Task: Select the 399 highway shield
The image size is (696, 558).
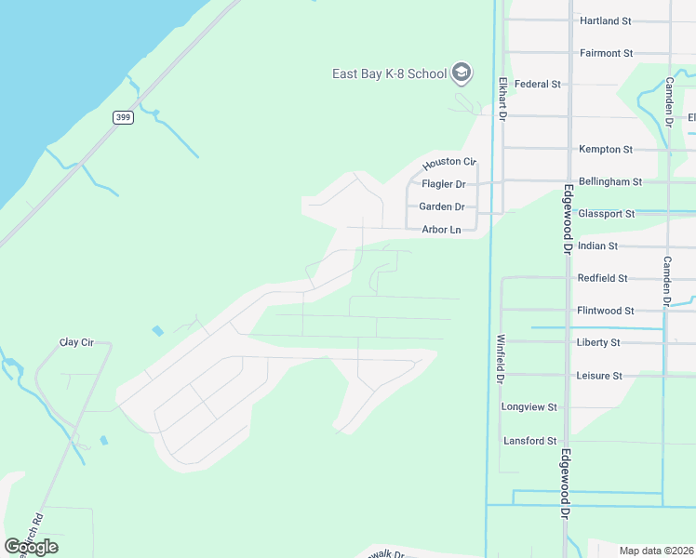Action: pos(122,116)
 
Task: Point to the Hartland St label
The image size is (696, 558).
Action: pos(605,20)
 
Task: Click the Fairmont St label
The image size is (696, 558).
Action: pos(606,53)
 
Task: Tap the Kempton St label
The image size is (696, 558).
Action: pos(606,149)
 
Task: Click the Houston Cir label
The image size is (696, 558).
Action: pos(448,164)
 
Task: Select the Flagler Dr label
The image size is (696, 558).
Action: pos(443,184)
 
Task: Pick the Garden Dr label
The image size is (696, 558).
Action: pos(442,206)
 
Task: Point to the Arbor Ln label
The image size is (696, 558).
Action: pos(441,230)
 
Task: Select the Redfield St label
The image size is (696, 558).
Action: pos(603,278)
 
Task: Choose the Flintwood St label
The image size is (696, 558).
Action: pos(605,311)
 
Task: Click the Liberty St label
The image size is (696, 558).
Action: pos(598,342)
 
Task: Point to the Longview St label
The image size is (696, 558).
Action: pos(529,407)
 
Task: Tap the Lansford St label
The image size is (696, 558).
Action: pos(529,441)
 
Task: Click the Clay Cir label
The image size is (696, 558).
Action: pos(77,342)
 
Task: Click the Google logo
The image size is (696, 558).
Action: pos(31,546)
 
